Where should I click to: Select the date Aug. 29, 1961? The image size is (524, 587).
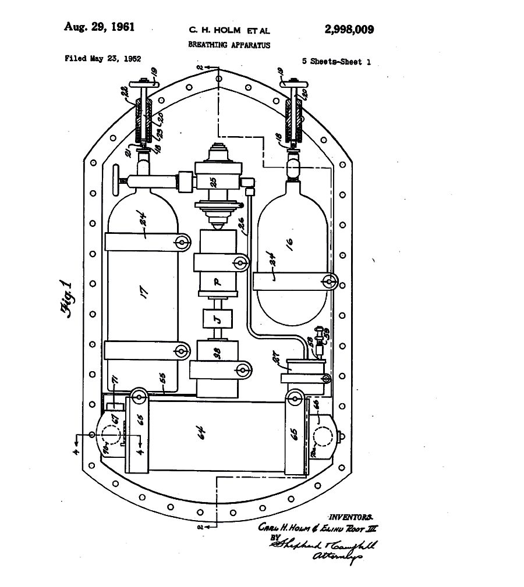(x=100, y=27)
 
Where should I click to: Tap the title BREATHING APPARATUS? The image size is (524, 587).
(x=229, y=45)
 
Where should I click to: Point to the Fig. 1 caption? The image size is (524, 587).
(x=66, y=297)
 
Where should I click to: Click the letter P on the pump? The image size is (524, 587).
(x=217, y=281)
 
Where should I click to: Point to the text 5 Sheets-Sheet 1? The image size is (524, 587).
(x=337, y=62)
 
